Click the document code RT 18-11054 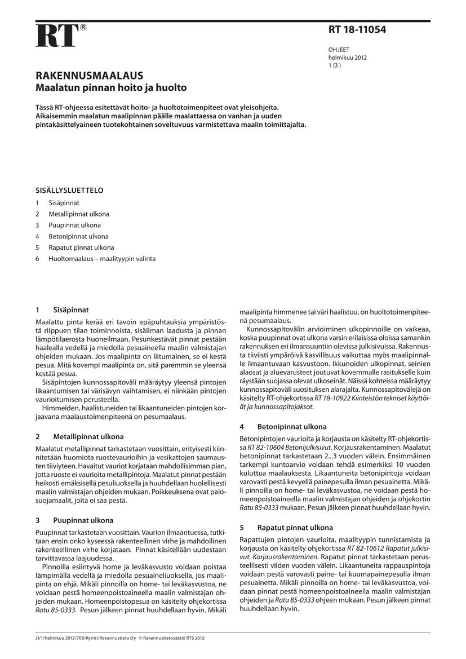pyautogui.click(x=357, y=30)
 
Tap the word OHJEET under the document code pyautogui.click(x=339, y=50)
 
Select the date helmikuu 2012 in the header pyautogui.click(x=348, y=58)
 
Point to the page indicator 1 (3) pyautogui.click(x=335, y=65)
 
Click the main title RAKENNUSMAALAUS pyautogui.click(x=89, y=76)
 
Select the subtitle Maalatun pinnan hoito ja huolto pyautogui.click(x=111, y=88)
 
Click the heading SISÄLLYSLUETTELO pyautogui.click(x=69, y=191)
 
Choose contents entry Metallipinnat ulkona pyautogui.click(x=79, y=214)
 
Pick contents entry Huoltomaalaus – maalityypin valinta pyautogui.click(x=102, y=259)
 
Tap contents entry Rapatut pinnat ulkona pyautogui.click(x=81, y=247)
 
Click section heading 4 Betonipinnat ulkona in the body pyautogui.click(x=283, y=427)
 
